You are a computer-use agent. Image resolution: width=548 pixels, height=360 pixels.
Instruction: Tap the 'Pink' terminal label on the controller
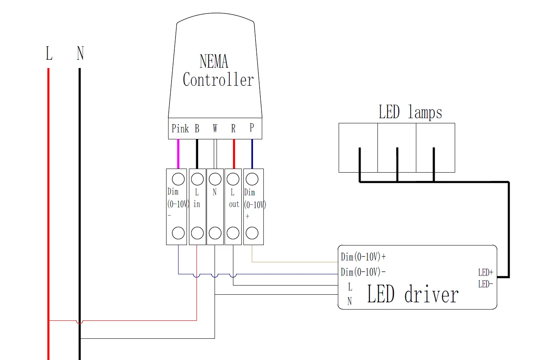click(180, 129)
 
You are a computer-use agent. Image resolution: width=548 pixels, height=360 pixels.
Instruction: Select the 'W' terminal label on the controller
click(215, 129)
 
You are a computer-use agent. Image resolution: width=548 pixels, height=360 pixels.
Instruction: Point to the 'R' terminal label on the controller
click(233, 129)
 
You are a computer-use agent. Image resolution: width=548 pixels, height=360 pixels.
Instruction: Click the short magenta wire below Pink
click(178, 154)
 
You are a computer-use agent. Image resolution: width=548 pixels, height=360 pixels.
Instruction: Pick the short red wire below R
click(234, 154)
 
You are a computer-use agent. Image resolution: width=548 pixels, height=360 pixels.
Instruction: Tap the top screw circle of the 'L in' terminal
click(197, 179)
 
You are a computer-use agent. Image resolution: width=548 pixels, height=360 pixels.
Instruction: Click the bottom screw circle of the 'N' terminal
click(215, 233)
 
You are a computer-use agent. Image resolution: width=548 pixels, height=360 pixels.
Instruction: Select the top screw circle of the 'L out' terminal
click(233, 179)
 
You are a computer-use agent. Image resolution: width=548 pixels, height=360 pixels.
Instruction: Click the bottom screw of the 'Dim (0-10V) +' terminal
click(251, 233)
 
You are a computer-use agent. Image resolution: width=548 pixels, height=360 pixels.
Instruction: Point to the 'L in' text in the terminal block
click(197, 198)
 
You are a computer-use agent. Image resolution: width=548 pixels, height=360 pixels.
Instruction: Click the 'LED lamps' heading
click(410, 112)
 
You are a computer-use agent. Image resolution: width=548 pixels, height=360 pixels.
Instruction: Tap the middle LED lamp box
click(397, 147)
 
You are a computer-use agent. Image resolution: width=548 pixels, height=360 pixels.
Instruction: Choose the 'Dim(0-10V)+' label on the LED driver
click(363, 257)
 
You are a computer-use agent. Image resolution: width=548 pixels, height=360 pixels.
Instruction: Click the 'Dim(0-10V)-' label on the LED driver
click(363, 272)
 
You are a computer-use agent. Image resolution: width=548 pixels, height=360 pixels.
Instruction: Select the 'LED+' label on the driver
click(485, 273)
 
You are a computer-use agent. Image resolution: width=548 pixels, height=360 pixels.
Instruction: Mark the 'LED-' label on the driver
click(485, 284)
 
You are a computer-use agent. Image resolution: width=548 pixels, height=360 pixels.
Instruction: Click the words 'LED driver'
click(412, 295)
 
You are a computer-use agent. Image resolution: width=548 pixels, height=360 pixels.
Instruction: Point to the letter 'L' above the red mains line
click(49, 53)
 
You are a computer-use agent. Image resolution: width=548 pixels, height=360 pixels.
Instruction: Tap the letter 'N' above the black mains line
click(80, 53)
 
